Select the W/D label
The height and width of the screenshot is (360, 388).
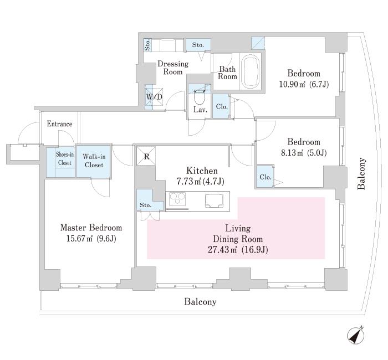154,97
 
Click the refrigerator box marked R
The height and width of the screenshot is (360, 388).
146,156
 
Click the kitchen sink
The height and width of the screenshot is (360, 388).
213,199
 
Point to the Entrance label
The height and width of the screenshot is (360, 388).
59,124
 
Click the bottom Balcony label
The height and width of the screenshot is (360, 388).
200,302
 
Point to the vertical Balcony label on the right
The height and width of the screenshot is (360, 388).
361,174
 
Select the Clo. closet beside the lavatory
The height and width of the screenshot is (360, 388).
221,107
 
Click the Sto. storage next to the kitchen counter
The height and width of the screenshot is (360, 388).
145,205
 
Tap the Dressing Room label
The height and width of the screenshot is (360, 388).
173,68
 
